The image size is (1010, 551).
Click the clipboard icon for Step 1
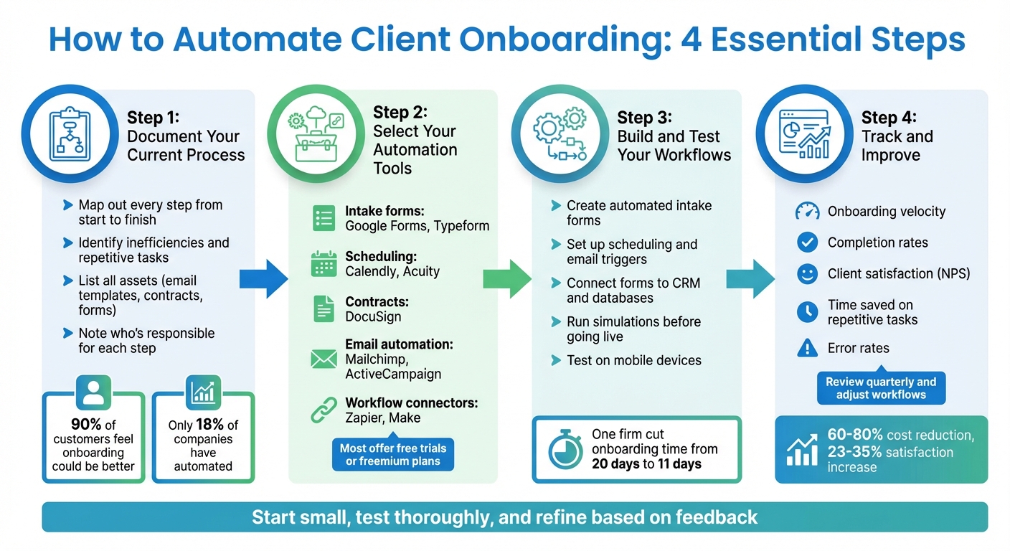tap(70, 133)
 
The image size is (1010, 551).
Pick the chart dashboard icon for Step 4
tap(804, 133)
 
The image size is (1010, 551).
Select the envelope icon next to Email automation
tap(324, 359)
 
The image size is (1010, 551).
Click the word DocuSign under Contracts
tap(373, 316)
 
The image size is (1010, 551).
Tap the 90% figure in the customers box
tap(85, 425)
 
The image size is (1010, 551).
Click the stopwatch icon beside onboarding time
tap(565, 449)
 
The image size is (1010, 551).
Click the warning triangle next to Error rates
tap(808, 348)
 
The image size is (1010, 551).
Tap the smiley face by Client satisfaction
tap(808, 273)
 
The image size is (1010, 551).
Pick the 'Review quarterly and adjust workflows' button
tap(880, 388)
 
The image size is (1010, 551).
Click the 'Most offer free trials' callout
tap(392, 454)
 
